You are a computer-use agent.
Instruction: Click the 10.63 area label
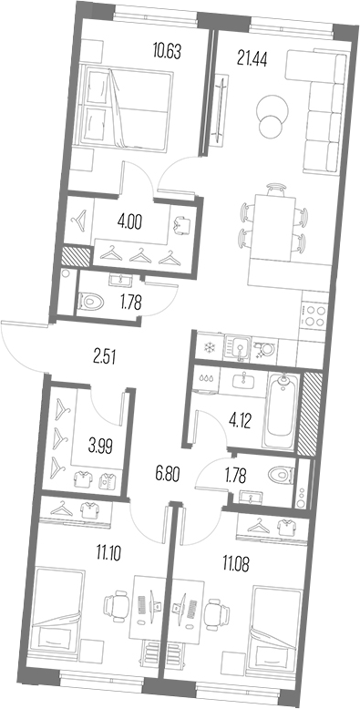click(167, 52)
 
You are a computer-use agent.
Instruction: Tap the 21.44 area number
click(252, 58)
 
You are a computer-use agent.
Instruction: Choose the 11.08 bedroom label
click(236, 564)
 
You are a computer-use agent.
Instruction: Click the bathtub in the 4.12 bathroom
click(283, 407)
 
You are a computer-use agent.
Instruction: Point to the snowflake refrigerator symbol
click(209, 348)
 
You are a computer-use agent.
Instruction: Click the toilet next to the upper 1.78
click(91, 299)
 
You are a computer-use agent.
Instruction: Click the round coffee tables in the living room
click(272, 114)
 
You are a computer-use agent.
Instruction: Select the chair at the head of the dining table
click(276, 188)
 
